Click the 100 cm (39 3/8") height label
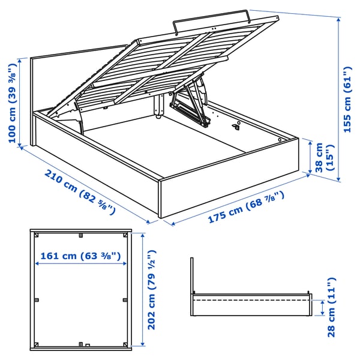[13, 101]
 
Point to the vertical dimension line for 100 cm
[23, 102]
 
